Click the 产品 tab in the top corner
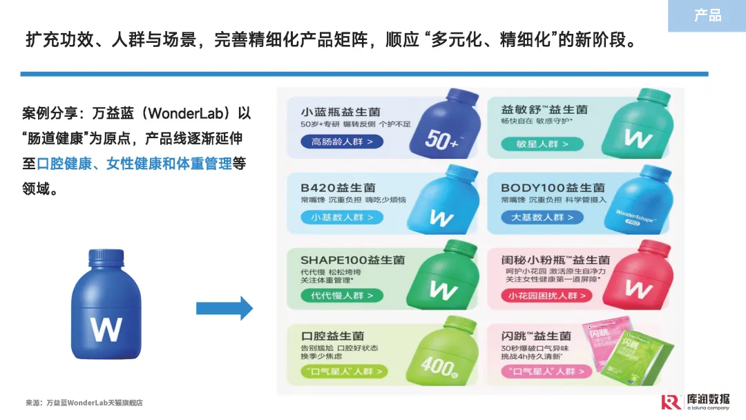coord(707,15)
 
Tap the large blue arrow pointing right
coord(224,307)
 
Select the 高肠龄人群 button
coord(342,142)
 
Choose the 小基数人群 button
coord(342,217)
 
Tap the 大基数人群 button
coord(542,217)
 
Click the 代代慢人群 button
coord(342,295)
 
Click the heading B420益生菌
coord(338,187)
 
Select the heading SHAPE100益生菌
coord(352,260)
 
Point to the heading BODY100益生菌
coord(553,187)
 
